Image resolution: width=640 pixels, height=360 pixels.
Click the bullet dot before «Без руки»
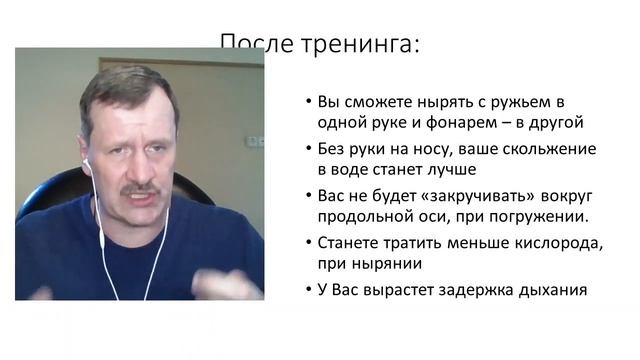coord(307,150)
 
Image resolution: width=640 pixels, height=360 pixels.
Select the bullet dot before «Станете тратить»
coord(307,242)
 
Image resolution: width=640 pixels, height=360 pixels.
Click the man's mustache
coord(140,187)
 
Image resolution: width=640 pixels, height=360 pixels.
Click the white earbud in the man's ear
coord(87,162)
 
